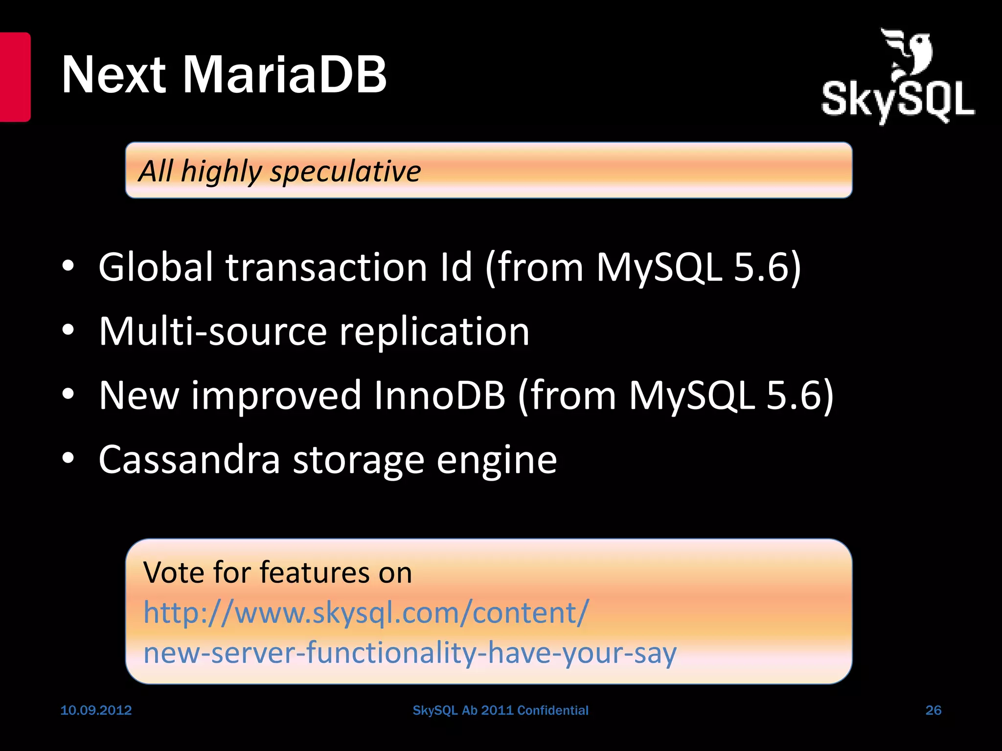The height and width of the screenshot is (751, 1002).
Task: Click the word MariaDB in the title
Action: click(x=285, y=74)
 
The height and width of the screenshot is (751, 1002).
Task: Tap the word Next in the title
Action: click(x=114, y=74)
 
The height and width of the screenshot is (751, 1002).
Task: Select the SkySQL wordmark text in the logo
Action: click(x=898, y=101)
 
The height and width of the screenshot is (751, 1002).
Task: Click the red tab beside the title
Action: click(x=15, y=77)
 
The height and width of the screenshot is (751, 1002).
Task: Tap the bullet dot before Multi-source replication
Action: click(x=68, y=331)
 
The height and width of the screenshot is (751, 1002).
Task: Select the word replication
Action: click(x=434, y=331)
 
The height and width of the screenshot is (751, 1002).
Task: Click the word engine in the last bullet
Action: click(x=496, y=461)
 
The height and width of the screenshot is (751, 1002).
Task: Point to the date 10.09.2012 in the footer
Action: click(x=96, y=710)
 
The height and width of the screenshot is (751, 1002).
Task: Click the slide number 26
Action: click(x=933, y=710)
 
